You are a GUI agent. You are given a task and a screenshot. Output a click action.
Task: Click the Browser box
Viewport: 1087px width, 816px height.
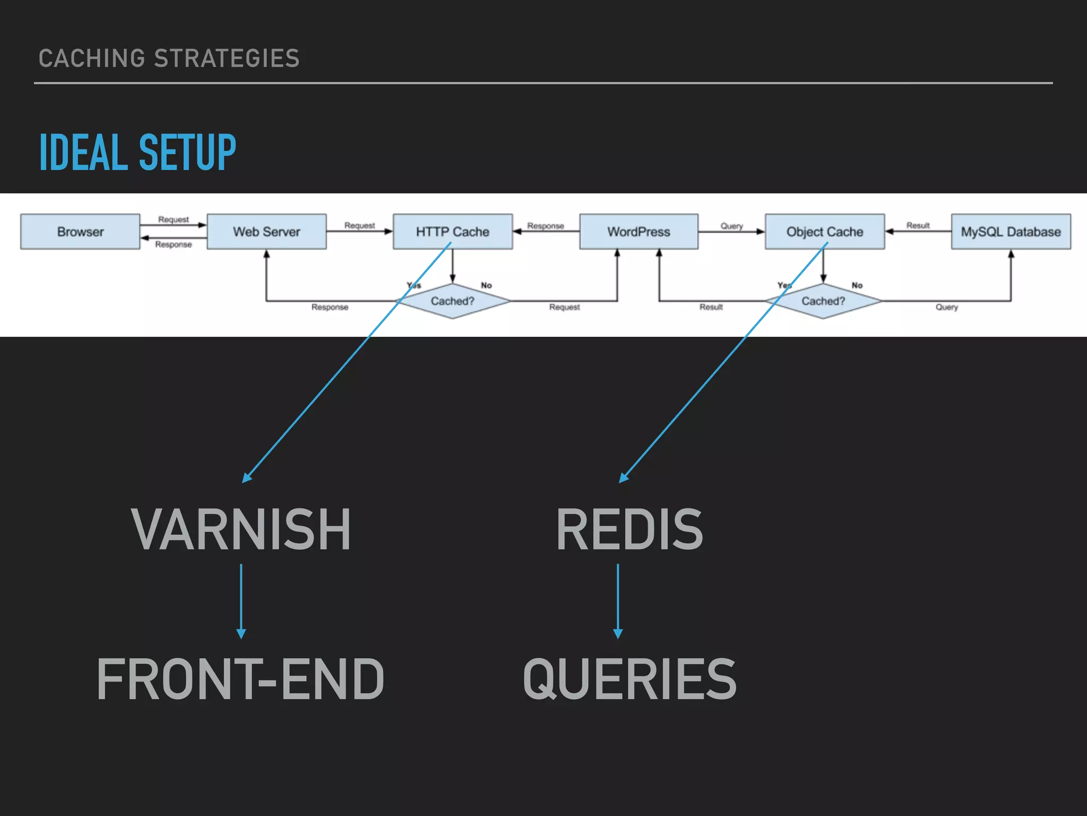(80, 232)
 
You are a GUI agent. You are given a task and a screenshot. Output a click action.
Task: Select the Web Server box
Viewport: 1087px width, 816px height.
(266, 232)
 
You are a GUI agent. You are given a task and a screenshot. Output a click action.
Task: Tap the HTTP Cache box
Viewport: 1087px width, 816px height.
(452, 232)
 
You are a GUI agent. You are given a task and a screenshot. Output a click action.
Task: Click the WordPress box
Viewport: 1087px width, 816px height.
(639, 232)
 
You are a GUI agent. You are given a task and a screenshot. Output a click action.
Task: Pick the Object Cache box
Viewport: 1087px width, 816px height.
(824, 232)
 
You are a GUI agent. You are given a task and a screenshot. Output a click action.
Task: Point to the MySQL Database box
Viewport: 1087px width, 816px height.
(1011, 232)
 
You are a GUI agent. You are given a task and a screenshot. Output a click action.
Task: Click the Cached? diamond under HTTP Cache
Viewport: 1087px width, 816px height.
(452, 301)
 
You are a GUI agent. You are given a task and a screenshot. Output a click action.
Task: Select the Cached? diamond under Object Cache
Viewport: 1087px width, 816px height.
(823, 301)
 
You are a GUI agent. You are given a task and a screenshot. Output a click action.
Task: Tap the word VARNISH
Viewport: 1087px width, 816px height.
(241, 530)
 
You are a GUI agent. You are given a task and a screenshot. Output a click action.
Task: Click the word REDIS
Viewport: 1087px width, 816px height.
(629, 530)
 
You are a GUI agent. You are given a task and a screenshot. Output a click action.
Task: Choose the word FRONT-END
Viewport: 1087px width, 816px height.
(240, 679)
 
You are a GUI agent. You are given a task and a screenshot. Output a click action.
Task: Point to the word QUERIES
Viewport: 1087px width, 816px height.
(629, 679)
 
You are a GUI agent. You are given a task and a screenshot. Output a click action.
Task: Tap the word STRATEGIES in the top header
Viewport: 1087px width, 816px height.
(227, 58)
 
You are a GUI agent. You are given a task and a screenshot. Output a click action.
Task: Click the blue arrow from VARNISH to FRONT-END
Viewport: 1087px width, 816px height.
(241, 600)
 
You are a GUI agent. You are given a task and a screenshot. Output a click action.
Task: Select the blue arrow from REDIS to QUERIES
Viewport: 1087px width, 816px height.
(618, 600)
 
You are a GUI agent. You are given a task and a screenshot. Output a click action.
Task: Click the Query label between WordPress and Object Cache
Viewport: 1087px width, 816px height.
(731, 226)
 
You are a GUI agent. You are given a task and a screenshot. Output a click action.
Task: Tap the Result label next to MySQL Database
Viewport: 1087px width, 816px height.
(918, 225)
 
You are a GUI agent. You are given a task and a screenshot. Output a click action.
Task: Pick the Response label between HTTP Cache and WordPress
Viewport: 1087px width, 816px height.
(545, 226)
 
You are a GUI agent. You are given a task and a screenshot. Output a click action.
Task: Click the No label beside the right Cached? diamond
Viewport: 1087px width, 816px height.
(857, 285)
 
